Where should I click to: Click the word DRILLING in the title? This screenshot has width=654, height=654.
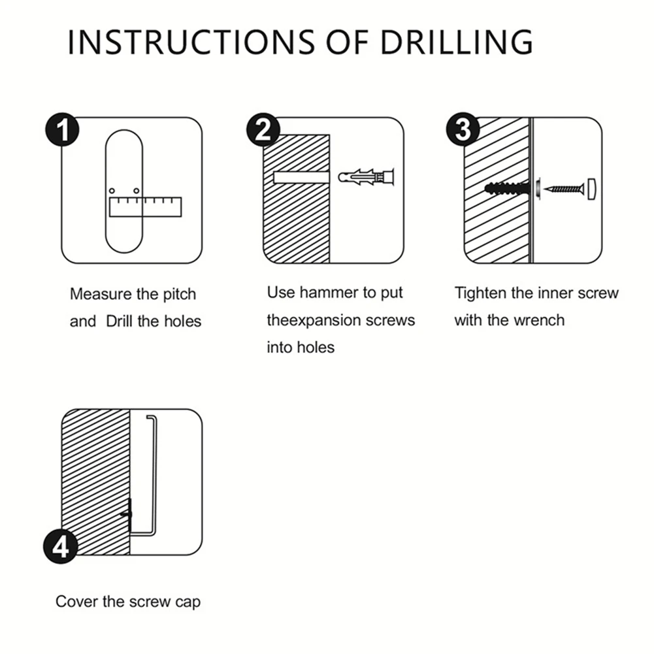pos(457,42)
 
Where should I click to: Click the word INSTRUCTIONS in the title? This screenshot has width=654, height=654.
pos(191,42)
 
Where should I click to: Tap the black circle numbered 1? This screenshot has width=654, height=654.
pos(62,130)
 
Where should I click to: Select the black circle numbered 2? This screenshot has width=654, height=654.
pos(263,130)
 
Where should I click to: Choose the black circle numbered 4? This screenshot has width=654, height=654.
pos(61,546)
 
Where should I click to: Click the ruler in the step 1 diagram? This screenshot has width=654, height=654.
pos(145,207)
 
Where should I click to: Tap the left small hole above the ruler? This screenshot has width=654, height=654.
pos(112,191)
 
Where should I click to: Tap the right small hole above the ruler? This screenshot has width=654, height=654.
pos(137,191)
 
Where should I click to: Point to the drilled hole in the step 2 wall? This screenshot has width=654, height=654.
pos(302,177)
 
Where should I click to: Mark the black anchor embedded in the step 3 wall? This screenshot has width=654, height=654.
pos(509,189)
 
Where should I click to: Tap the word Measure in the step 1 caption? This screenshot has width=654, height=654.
pos(101,294)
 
